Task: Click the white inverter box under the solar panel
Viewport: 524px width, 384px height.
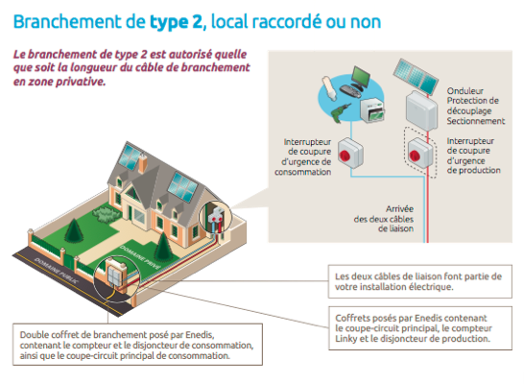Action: click(418, 110)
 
